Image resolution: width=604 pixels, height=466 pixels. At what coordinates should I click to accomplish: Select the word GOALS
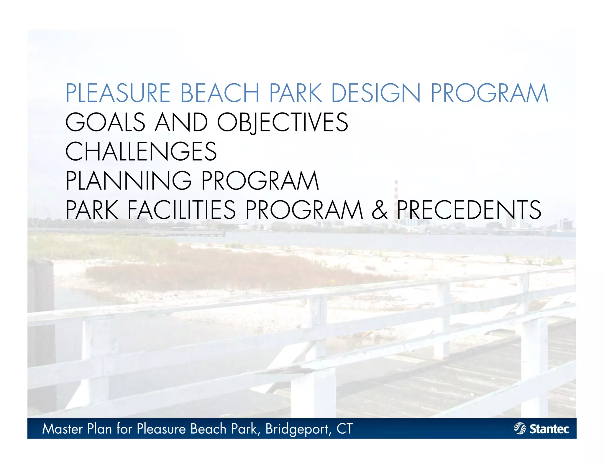point(105,122)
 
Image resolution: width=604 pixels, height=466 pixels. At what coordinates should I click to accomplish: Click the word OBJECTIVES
point(283,122)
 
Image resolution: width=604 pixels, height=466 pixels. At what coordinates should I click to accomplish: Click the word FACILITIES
point(182,210)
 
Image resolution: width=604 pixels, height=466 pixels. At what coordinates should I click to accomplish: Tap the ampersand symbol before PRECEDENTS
point(379,210)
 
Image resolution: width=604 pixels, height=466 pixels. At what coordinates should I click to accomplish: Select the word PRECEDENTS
point(469,210)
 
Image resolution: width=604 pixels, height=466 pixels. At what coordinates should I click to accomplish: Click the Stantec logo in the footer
point(541,429)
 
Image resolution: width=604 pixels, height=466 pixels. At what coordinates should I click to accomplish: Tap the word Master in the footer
point(62,429)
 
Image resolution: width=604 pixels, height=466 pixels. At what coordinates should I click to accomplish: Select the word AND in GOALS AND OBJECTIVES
point(181,122)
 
